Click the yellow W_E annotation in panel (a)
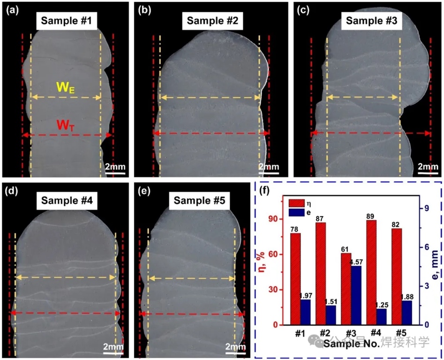coord(65,87)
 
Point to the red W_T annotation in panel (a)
coord(65,125)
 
